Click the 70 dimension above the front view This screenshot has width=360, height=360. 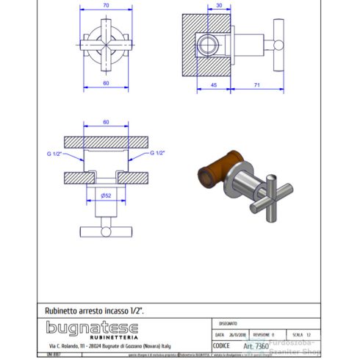point(106,6)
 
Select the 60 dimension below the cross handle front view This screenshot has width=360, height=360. point(106,82)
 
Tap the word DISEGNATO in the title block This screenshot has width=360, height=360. point(228,322)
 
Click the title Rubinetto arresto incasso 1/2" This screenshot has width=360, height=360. point(95,312)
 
